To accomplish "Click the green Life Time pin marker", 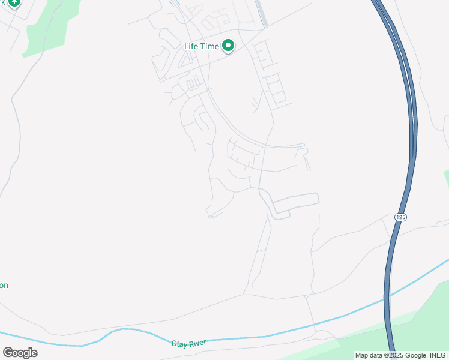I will pos(228,44).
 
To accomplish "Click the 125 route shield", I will pos(400,217).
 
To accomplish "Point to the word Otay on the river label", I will pos(180,344).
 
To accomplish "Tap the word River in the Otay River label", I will pos(198,342).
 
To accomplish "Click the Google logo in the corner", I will pos(20,352).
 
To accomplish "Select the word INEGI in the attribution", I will pos(437,355).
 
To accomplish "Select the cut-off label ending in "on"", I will pos(4,286).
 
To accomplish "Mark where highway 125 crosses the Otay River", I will pos(386,298).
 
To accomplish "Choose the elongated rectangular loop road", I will pos(295,205).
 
